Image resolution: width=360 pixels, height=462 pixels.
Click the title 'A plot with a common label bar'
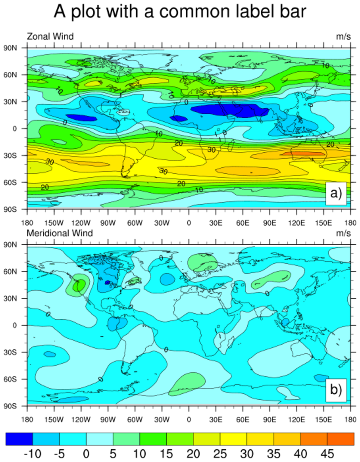tap(180, 12)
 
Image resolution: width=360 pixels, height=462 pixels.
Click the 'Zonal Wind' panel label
tap(50, 36)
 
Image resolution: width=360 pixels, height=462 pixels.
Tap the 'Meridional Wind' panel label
tap(60, 233)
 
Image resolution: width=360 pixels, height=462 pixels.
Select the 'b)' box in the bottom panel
tap(336, 390)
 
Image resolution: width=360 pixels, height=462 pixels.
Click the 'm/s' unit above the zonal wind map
tap(343, 36)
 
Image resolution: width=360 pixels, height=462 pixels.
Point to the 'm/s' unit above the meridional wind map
tap(343, 233)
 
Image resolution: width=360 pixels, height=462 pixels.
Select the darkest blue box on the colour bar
tap(19, 438)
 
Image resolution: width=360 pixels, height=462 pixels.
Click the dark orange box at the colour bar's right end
tap(340, 438)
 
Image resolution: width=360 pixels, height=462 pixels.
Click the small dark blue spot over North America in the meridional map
tap(107, 282)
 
